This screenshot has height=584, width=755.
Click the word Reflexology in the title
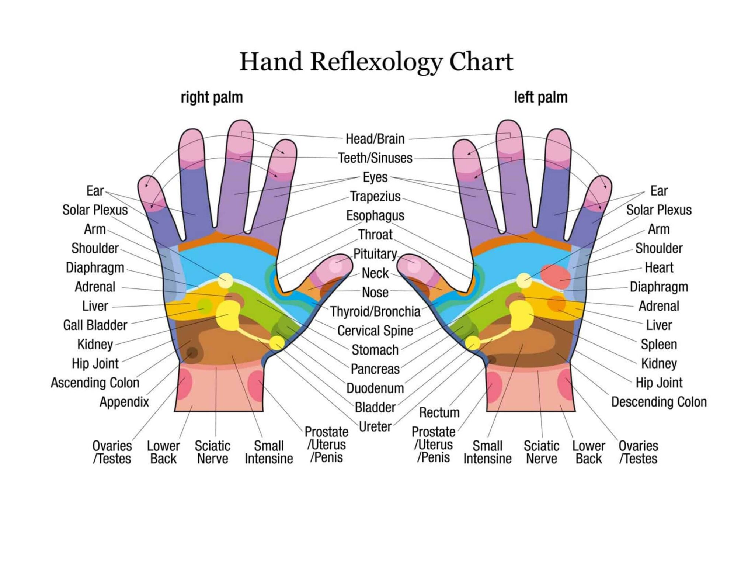tap(376, 62)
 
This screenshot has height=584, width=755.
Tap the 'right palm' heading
tap(212, 98)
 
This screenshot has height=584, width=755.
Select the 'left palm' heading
tap(540, 98)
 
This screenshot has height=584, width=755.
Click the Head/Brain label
tap(375, 139)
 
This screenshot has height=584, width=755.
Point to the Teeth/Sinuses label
tap(375, 158)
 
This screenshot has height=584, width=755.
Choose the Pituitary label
tap(375, 254)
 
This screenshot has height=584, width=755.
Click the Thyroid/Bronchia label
tap(375, 312)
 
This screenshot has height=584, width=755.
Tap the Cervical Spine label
tap(375, 331)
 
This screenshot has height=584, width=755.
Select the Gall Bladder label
tap(95, 325)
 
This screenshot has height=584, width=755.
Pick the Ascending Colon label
tap(95, 383)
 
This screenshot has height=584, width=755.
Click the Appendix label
tap(124, 402)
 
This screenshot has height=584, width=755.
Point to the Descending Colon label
tap(659, 402)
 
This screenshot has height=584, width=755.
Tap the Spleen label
tap(659, 345)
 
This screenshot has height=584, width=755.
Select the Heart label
tap(659, 268)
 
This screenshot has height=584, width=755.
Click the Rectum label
tap(439, 412)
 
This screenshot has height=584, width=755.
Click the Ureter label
tap(375, 427)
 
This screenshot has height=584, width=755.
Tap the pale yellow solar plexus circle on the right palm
tap(225, 281)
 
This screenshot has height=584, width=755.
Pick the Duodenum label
tap(375, 388)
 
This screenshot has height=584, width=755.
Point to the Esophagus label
tap(375, 216)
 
